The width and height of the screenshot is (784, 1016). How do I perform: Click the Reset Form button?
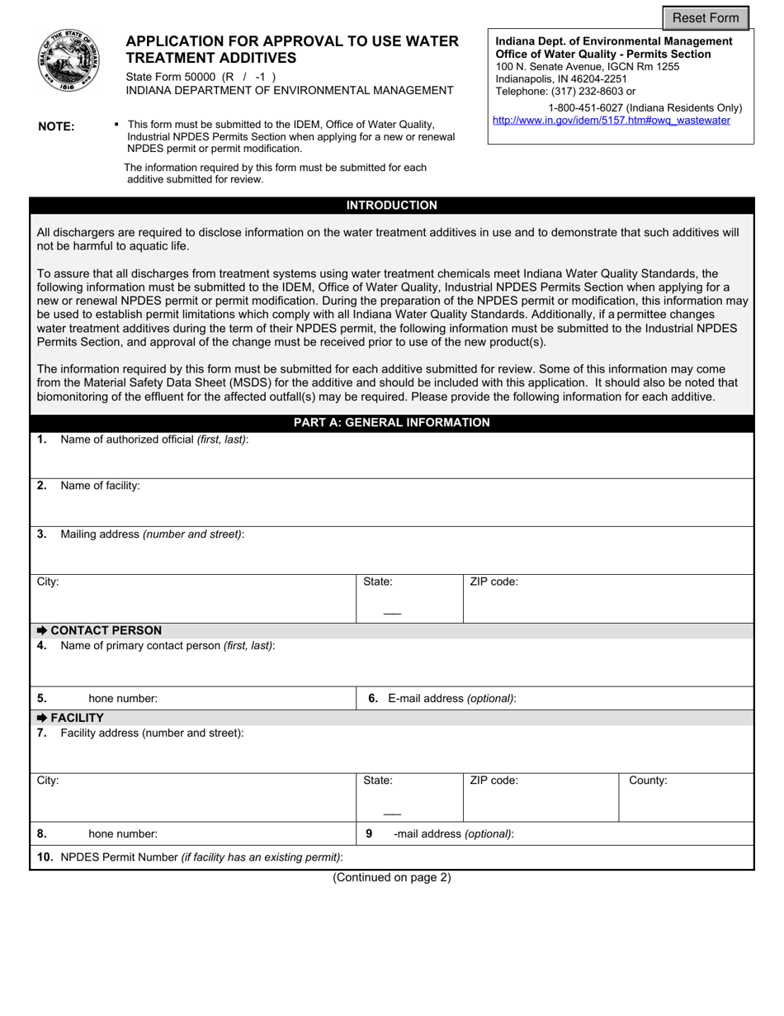[706, 18]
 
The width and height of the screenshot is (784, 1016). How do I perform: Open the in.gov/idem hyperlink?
[611, 121]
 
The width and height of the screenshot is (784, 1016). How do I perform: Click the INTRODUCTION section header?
[391, 206]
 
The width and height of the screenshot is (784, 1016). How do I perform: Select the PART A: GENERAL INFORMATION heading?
[391, 423]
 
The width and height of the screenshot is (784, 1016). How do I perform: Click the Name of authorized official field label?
[153, 439]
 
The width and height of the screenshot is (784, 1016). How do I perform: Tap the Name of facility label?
[100, 486]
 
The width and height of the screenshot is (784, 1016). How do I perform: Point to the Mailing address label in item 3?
[152, 534]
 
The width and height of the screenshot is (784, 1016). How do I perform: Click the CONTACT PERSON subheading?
[106, 630]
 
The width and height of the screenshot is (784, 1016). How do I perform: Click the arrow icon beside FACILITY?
[42, 718]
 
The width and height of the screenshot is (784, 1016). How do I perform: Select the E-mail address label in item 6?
[451, 699]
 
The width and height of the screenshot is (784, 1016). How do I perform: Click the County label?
[648, 781]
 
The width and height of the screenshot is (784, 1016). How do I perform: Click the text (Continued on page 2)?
[391, 878]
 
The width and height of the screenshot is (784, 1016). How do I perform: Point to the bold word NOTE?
[56, 126]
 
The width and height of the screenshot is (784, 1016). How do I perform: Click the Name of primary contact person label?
[168, 646]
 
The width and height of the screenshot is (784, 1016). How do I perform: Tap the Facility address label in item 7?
[152, 734]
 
